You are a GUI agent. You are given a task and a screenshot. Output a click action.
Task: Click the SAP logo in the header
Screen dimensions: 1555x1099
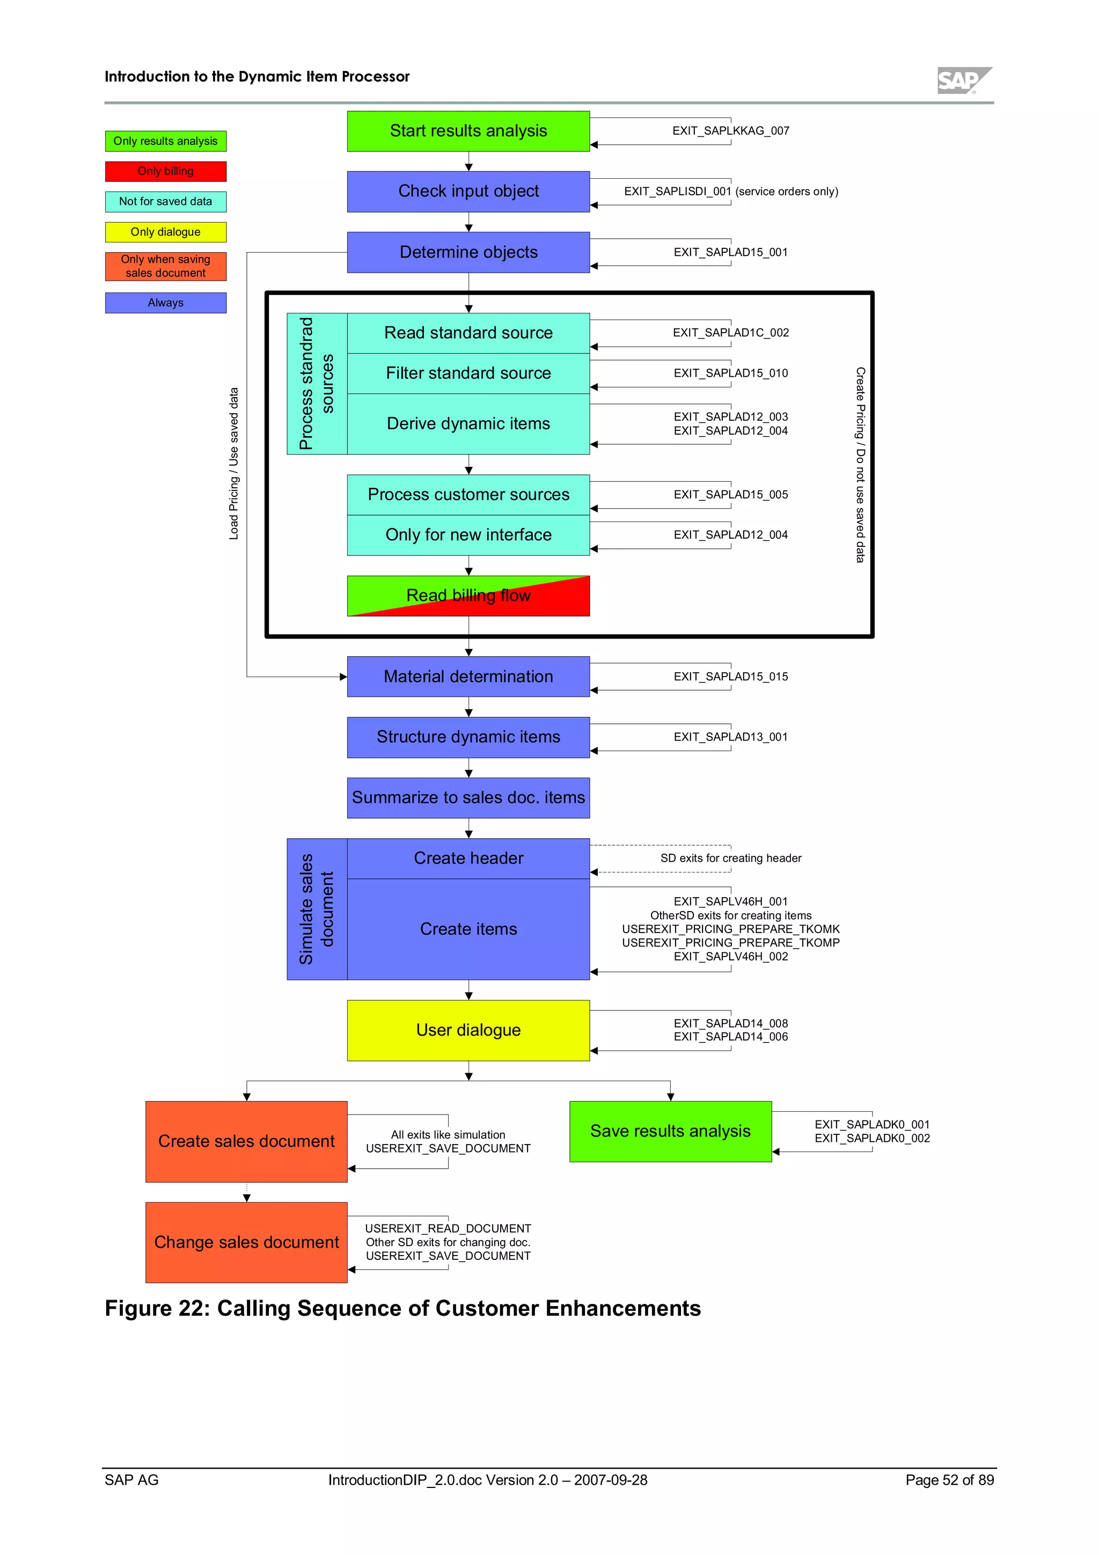pyautogui.click(x=964, y=80)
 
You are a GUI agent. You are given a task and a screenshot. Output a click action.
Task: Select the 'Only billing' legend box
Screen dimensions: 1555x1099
pyautogui.click(x=165, y=171)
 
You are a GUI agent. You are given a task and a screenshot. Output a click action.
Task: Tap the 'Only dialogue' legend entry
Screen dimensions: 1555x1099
pyautogui.click(x=165, y=232)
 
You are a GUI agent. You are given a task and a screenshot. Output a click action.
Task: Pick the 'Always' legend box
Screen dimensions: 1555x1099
pyautogui.click(x=165, y=303)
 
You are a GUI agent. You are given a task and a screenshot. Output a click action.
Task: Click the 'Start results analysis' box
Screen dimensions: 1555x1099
pyautogui.click(x=468, y=131)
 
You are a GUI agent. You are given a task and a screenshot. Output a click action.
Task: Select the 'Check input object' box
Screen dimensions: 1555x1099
pyautogui.click(x=468, y=191)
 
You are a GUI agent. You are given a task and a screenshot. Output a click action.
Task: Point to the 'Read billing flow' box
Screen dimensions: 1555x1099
pyautogui.click(x=468, y=595)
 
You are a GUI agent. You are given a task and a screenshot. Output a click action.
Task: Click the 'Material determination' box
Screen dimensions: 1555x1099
pyautogui.click(x=468, y=676)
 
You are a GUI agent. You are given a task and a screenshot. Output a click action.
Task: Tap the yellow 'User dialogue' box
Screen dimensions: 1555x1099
pyautogui.click(x=468, y=1030)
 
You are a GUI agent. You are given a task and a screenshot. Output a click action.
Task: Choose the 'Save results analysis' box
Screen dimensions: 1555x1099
pyautogui.click(x=670, y=1131)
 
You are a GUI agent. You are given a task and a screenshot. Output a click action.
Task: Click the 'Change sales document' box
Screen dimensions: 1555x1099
pyautogui.click(x=246, y=1242)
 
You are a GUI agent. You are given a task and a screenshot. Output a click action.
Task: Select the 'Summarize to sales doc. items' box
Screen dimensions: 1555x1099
pyautogui.click(x=468, y=797)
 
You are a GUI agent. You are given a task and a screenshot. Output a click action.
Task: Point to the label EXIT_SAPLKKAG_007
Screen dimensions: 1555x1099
pyautogui.click(x=731, y=131)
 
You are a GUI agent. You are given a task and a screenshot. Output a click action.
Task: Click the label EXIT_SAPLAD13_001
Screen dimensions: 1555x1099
pyautogui.click(x=731, y=737)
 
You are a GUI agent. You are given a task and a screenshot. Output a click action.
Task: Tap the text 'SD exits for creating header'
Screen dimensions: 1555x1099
pyautogui.click(x=731, y=858)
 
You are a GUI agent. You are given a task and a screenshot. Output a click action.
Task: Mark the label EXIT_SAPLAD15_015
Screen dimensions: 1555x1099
pyautogui.click(x=731, y=677)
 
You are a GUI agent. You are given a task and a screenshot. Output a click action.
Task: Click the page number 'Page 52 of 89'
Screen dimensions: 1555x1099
pyautogui.click(x=949, y=1480)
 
